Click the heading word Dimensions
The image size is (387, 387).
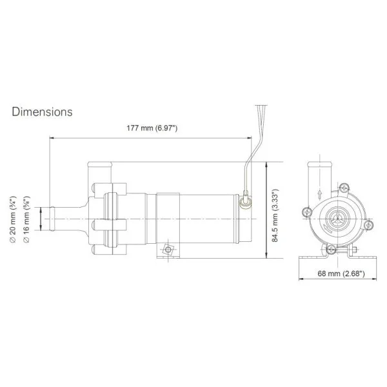[42, 112]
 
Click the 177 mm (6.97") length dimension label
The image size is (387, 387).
[152, 128]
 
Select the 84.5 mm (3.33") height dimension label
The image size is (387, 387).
[275, 215]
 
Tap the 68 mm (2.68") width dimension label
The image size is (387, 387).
[341, 273]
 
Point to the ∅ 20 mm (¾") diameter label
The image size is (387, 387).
[13, 219]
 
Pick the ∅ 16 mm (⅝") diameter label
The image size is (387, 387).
[26, 219]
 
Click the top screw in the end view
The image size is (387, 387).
[344, 188]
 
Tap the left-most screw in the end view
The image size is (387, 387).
[307, 212]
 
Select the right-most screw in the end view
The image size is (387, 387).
[368, 225]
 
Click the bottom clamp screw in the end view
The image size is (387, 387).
[331, 250]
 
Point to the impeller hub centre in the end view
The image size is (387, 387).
[337, 219]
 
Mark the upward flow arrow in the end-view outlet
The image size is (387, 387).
[320, 194]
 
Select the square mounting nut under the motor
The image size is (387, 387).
[168, 250]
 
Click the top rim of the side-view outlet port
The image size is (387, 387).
[100, 164]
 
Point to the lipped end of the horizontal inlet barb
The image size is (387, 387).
[52, 219]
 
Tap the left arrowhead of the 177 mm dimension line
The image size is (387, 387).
[50, 138]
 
